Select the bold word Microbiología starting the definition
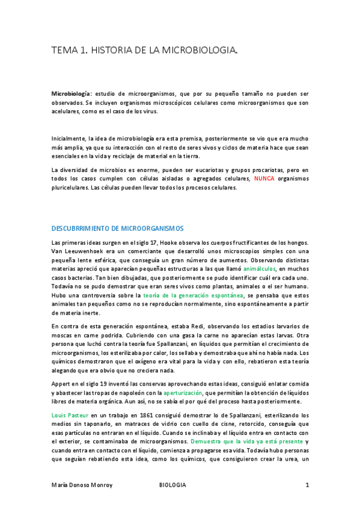pos(72,94)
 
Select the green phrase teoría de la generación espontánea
pos(194,295)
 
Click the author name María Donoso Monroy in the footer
pos(82,485)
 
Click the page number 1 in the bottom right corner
pos(307,485)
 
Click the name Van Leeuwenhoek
pos(76,251)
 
